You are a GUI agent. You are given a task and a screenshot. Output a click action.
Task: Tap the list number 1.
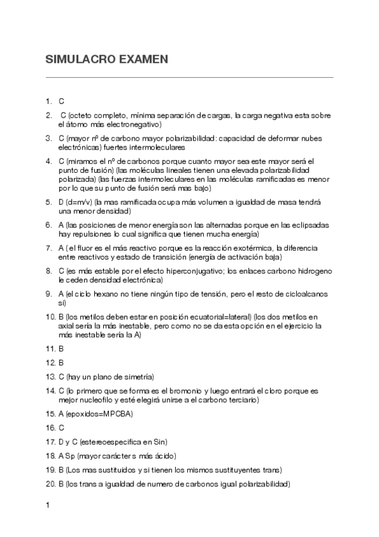49,101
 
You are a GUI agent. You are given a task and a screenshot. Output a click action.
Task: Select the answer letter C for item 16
61,428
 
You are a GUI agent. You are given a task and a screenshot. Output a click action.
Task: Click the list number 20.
51,484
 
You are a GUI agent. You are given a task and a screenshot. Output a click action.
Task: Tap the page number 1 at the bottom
48,505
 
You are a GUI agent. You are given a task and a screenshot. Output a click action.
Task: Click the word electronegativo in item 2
134,125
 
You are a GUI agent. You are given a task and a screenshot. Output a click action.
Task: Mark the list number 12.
51,363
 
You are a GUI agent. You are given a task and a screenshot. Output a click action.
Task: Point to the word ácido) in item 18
163,456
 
